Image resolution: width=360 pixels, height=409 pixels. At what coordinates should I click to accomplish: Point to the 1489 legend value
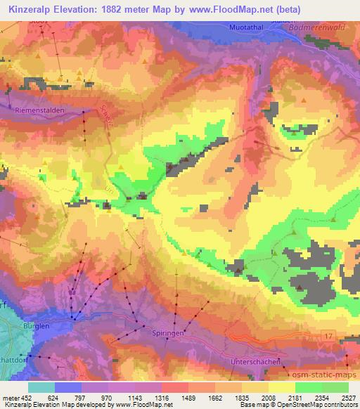pyautogui.click(x=186, y=397)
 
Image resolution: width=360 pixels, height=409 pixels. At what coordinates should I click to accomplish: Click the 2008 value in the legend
pyautogui.click(x=268, y=397)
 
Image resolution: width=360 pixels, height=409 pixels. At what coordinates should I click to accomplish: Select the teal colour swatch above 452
pyautogui.click(x=41, y=387)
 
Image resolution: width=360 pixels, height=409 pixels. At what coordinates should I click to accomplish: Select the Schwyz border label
pyautogui.click(x=107, y=115)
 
